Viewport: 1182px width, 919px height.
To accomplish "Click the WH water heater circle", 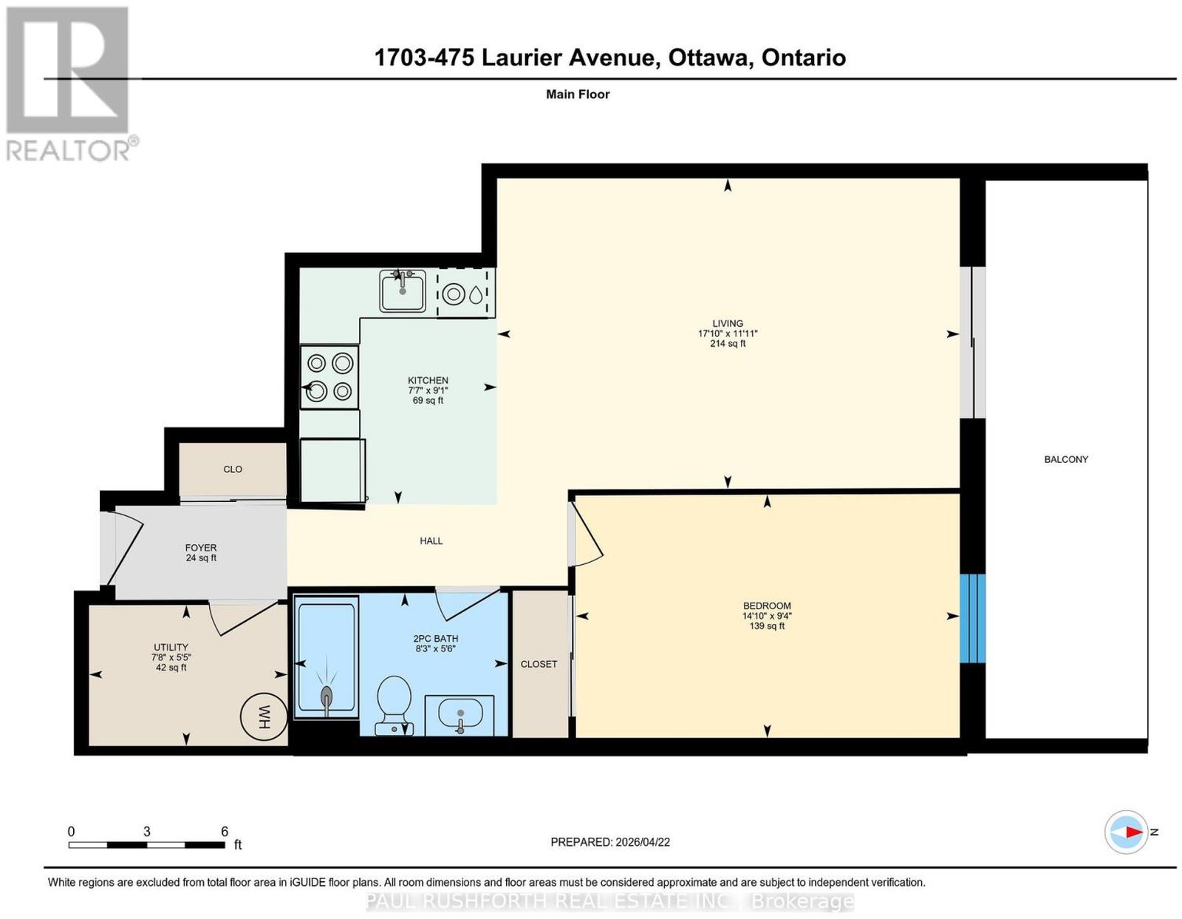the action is click(264, 716).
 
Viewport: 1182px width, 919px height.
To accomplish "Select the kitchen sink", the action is click(403, 291).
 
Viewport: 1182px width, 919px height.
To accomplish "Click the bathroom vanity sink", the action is click(460, 714).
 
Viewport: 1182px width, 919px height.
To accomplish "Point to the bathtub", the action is click(326, 658).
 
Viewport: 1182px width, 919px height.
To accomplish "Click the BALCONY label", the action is click(1065, 459).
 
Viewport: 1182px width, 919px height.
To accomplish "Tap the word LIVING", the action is click(727, 323).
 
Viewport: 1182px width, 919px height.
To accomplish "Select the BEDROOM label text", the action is click(766, 606).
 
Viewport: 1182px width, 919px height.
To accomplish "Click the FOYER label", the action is click(201, 547).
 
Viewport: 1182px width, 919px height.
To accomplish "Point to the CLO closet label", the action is click(232, 469).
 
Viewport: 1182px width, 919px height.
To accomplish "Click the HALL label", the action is click(431, 541).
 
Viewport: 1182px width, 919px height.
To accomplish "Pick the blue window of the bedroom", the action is click(972, 618).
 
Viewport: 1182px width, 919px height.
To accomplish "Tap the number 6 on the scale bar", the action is click(225, 831).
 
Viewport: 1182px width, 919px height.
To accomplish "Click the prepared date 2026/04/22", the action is click(643, 841).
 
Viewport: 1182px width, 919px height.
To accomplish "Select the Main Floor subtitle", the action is click(578, 94).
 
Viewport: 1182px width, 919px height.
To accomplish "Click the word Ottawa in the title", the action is click(711, 58).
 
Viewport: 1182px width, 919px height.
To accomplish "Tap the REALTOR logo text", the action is click(68, 152).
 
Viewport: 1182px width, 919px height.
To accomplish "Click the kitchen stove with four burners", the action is click(329, 377).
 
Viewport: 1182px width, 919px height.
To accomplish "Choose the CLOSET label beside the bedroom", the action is click(539, 664).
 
